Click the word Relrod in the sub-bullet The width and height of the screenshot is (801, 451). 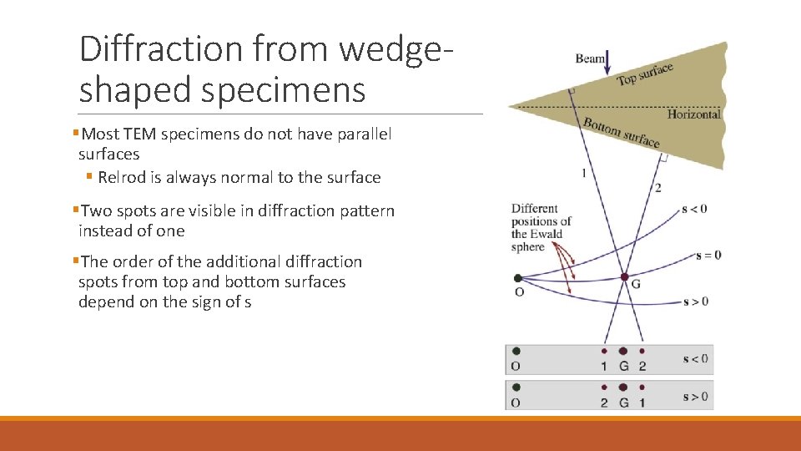tap(123, 177)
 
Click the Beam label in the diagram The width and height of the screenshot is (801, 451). tap(590, 58)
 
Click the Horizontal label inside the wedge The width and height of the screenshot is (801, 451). tap(693, 114)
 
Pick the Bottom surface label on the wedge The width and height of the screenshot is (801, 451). tap(621, 132)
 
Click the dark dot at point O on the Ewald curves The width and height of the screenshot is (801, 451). tap(518, 278)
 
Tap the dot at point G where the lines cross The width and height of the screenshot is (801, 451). tap(624, 277)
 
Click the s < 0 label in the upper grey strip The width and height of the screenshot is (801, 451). tap(694, 359)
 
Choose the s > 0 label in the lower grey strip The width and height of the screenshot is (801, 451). tap(694, 396)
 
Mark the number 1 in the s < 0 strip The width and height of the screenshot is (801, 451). tap(604, 367)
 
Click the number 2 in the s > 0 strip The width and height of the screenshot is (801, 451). tap(603, 403)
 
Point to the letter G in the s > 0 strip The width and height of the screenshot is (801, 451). tap(623, 403)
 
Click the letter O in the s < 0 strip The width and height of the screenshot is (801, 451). tap(516, 367)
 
